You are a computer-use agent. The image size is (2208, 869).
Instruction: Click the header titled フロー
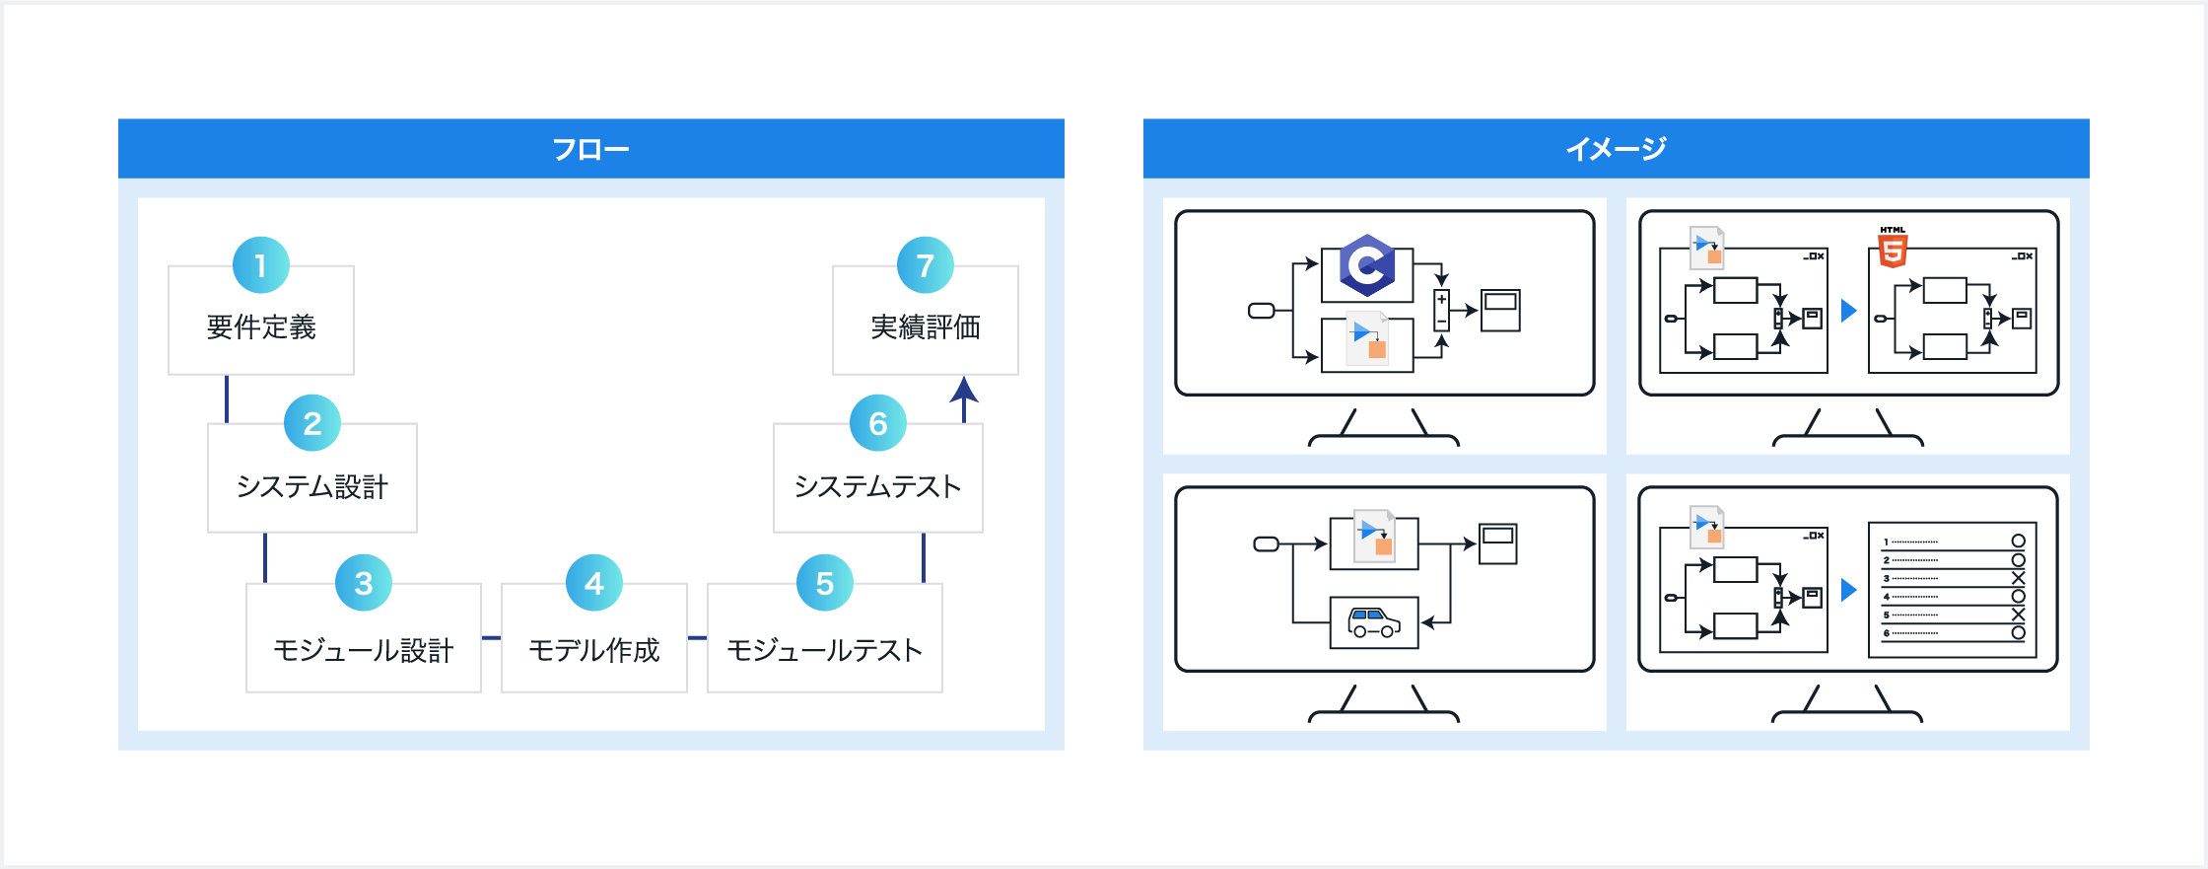tap(590, 149)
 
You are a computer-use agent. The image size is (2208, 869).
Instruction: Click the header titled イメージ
tap(1616, 149)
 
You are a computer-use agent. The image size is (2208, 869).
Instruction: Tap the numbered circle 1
tap(261, 265)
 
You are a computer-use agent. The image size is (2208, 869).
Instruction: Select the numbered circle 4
tap(594, 583)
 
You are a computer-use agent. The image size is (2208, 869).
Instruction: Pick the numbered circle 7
tap(926, 265)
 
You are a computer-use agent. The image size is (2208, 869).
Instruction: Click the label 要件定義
tap(261, 326)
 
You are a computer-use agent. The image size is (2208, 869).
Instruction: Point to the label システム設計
tap(312, 486)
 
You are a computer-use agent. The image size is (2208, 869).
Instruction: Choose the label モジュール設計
tap(364, 650)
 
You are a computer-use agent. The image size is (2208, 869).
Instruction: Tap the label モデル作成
tap(594, 650)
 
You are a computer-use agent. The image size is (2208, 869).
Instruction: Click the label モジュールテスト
tap(825, 650)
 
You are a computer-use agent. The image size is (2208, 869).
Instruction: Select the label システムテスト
tap(878, 486)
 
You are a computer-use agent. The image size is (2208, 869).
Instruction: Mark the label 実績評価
tap(926, 326)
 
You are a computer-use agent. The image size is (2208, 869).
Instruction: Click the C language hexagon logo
tap(1367, 265)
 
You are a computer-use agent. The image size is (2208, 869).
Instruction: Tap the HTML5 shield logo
tap(1893, 249)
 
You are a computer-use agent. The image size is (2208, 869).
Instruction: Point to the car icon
tap(1374, 622)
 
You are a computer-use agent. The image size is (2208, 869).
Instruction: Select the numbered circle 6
tap(878, 423)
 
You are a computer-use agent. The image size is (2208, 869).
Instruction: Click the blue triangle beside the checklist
tap(1849, 590)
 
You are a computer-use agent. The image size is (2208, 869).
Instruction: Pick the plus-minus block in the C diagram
tap(1441, 310)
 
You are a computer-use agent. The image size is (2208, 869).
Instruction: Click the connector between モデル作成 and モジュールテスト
tap(697, 638)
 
